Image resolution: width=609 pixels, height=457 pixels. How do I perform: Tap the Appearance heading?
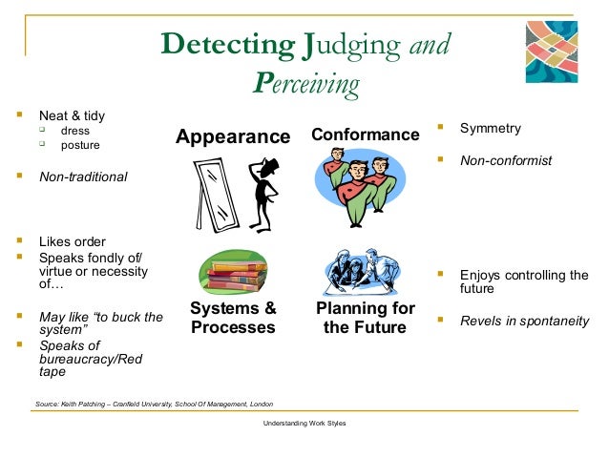click(233, 136)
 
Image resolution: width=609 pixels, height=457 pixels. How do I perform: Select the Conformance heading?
click(365, 135)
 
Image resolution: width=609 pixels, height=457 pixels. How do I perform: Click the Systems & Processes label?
click(233, 318)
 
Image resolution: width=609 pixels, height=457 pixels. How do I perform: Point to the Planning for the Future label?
click(365, 318)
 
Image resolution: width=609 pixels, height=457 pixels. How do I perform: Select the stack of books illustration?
click(233, 271)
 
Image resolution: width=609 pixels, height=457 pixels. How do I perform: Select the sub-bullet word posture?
click(80, 146)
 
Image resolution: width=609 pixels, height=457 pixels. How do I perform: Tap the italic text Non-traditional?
click(82, 177)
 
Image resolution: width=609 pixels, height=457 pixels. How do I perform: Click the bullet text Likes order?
click(72, 241)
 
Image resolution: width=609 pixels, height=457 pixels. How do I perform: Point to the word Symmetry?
click(491, 128)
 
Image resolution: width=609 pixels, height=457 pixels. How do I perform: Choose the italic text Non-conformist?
click(506, 160)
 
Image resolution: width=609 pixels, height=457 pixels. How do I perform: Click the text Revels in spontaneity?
click(524, 321)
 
